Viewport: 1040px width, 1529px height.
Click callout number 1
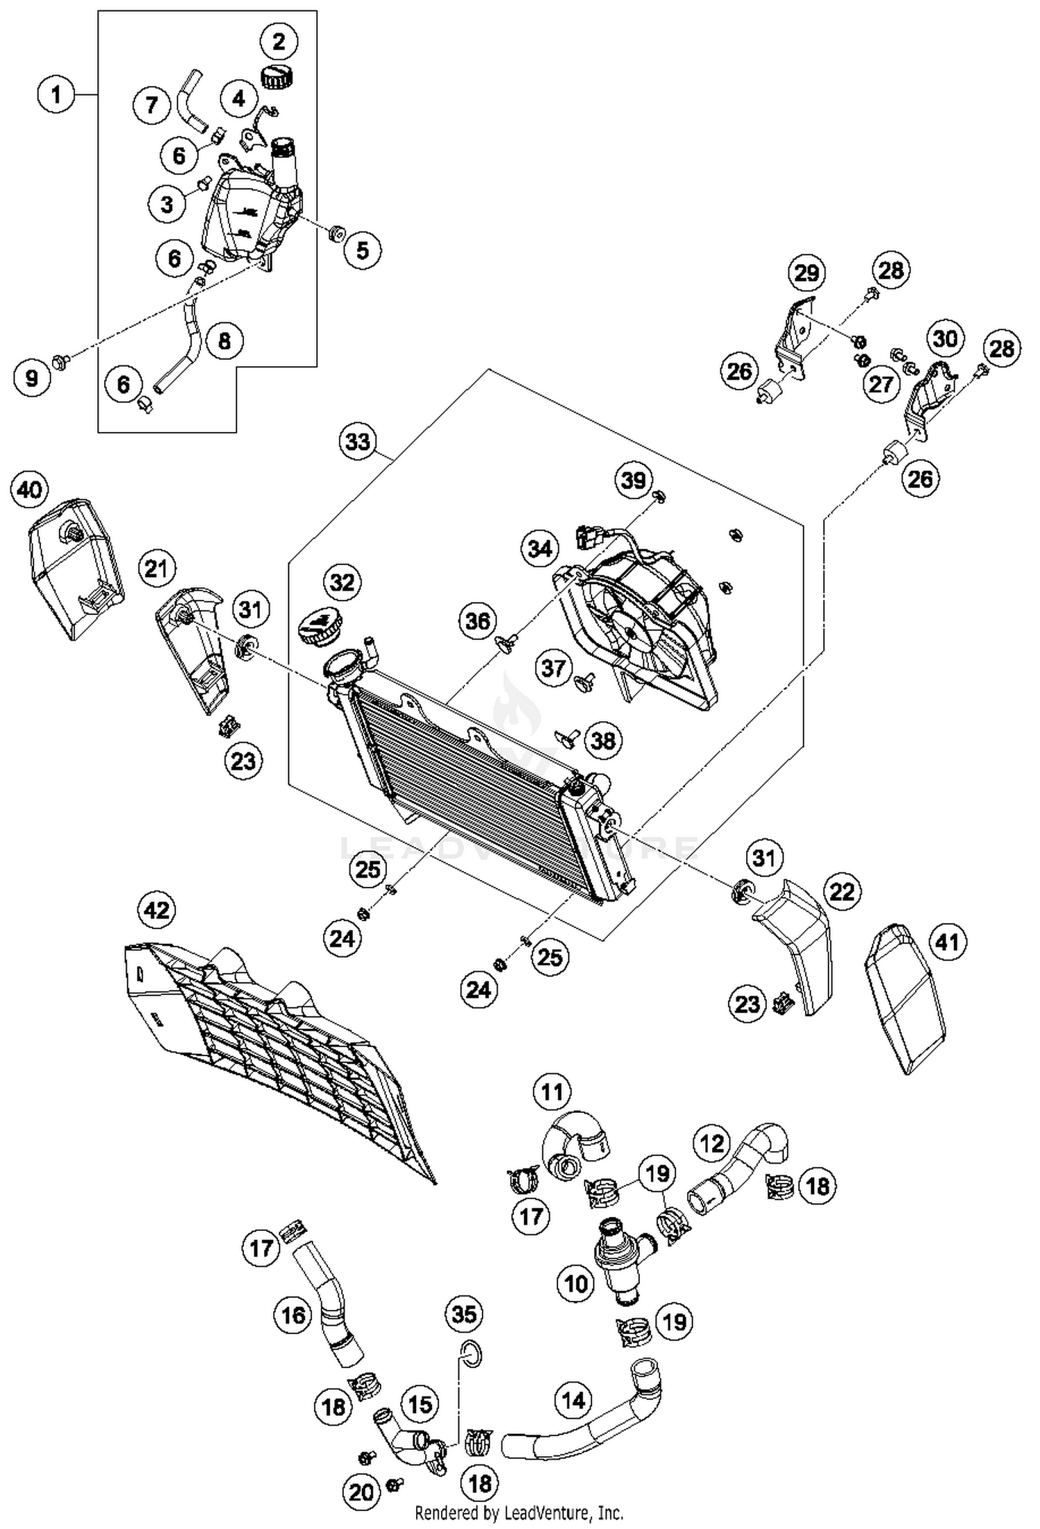56,94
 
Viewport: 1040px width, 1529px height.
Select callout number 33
358,441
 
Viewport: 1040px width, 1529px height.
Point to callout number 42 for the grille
157,909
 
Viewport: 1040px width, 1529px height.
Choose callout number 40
29,490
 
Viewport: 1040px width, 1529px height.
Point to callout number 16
293,1314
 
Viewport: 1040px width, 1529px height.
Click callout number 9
32,378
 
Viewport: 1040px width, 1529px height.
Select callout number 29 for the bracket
806,273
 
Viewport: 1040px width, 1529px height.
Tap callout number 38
603,741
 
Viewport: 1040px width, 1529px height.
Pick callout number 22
842,891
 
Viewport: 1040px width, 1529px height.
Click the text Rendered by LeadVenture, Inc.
519,1512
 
